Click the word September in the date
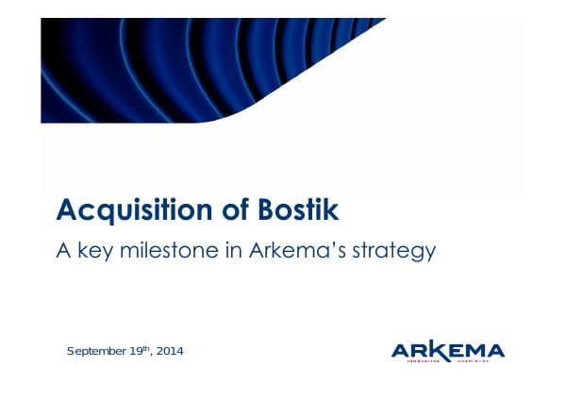[x=94, y=352]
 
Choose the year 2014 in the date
[x=169, y=352]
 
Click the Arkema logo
[x=447, y=352]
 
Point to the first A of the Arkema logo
[x=401, y=351]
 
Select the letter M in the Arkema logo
[x=471, y=351]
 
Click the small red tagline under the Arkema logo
[x=448, y=361]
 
